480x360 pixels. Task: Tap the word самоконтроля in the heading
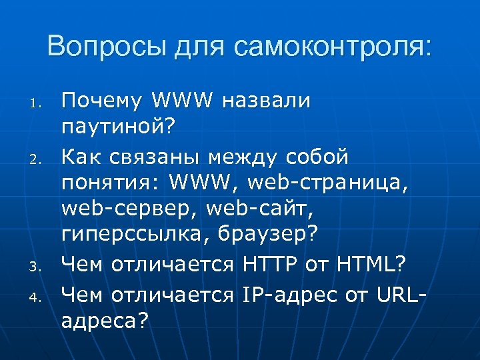coord(333,46)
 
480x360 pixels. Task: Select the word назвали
coord(267,101)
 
